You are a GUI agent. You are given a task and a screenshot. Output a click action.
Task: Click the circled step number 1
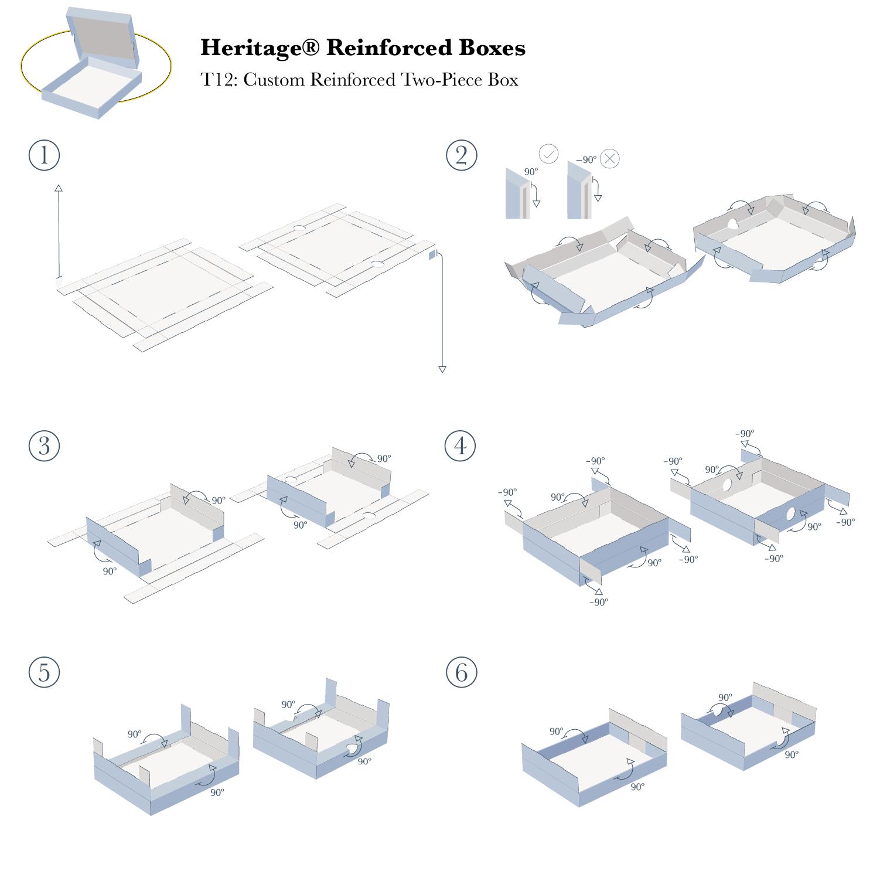44,155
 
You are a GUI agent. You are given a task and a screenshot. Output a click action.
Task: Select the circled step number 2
461,155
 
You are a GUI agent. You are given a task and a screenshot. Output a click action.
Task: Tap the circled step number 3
44,445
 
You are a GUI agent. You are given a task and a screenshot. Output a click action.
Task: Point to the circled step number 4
461,445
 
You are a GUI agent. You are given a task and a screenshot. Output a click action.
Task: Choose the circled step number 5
44,672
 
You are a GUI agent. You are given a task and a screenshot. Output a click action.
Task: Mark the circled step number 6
461,672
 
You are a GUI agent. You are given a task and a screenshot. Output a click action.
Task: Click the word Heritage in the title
245,48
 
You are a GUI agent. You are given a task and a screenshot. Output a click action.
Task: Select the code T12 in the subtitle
217,79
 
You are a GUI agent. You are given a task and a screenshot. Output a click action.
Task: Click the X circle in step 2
610,158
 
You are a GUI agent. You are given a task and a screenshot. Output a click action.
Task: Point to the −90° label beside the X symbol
586,159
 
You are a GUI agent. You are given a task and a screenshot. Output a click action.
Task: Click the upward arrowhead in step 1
59,188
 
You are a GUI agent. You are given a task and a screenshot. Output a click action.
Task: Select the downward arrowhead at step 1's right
442,369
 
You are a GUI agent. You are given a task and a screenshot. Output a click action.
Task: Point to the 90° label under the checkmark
531,172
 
